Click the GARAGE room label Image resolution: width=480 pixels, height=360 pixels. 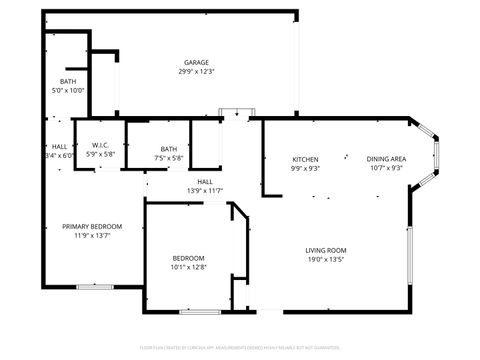[x=196, y=62]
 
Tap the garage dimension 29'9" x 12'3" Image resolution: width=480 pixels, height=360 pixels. [x=196, y=72]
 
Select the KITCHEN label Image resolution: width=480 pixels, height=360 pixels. [x=305, y=160]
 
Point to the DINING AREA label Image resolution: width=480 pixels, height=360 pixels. [x=385, y=160]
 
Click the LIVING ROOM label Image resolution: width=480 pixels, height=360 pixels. [x=326, y=250]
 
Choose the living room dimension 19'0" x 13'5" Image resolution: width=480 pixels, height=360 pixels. [x=326, y=260]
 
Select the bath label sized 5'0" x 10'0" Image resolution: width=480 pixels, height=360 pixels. [x=68, y=81]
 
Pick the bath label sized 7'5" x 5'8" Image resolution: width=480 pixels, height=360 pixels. [x=169, y=149]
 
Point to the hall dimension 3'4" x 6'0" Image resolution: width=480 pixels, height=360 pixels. [x=60, y=156]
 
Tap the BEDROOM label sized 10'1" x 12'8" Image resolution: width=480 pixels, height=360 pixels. [x=188, y=258]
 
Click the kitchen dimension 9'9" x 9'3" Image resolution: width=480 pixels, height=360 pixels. [x=305, y=169]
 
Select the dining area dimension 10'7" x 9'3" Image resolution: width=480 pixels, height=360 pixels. [x=385, y=169]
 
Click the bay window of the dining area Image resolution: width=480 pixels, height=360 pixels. [x=437, y=154]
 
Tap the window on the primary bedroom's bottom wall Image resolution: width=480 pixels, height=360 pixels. [x=95, y=288]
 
